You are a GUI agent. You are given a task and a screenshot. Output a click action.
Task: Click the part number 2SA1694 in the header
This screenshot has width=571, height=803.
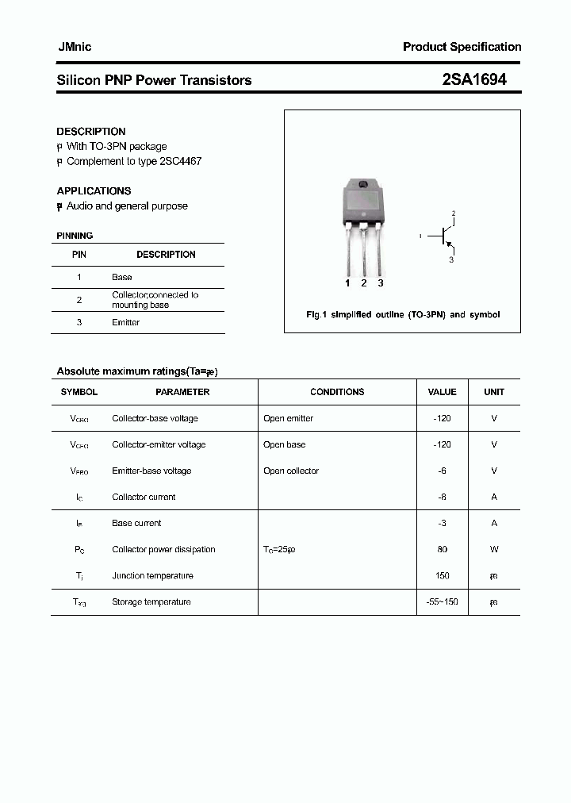click(473, 79)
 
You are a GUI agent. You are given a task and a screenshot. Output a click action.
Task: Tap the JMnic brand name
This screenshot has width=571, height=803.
click(75, 47)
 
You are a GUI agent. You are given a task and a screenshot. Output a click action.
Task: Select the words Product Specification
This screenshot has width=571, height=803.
click(462, 47)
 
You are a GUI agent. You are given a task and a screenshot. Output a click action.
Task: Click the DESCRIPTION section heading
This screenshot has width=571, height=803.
click(91, 132)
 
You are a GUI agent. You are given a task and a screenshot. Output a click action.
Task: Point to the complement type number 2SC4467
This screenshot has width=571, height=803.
click(181, 161)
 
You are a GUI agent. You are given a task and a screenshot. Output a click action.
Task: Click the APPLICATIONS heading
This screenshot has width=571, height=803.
click(94, 191)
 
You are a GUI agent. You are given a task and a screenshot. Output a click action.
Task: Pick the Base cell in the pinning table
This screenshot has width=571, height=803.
click(122, 277)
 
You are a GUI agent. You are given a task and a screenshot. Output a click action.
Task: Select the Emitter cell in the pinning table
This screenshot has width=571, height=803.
click(126, 322)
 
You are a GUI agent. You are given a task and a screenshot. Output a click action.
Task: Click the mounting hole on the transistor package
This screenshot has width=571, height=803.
click(363, 185)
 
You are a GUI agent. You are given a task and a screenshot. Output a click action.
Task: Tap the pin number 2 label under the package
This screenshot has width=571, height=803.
click(363, 283)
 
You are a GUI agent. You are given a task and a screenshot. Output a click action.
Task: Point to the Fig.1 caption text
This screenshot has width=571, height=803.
click(403, 315)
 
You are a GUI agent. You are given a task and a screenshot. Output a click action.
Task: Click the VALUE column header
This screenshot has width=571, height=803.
click(442, 392)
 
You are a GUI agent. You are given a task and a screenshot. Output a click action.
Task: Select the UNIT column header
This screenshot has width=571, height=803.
click(494, 392)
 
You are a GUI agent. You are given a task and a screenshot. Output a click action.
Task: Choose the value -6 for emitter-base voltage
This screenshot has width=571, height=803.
click(442, 471)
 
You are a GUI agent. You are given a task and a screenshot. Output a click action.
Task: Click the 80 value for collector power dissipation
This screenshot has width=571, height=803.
click(442, 549)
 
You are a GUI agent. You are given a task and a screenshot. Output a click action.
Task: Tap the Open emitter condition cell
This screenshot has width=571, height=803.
click(289, 418)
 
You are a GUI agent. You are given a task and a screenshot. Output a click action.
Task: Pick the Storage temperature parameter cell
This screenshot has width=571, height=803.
click(151, 601)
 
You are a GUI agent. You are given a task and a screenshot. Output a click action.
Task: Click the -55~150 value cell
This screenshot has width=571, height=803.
click(442, 601)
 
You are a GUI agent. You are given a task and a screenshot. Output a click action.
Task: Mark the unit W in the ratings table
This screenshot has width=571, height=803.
click(494, 549)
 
